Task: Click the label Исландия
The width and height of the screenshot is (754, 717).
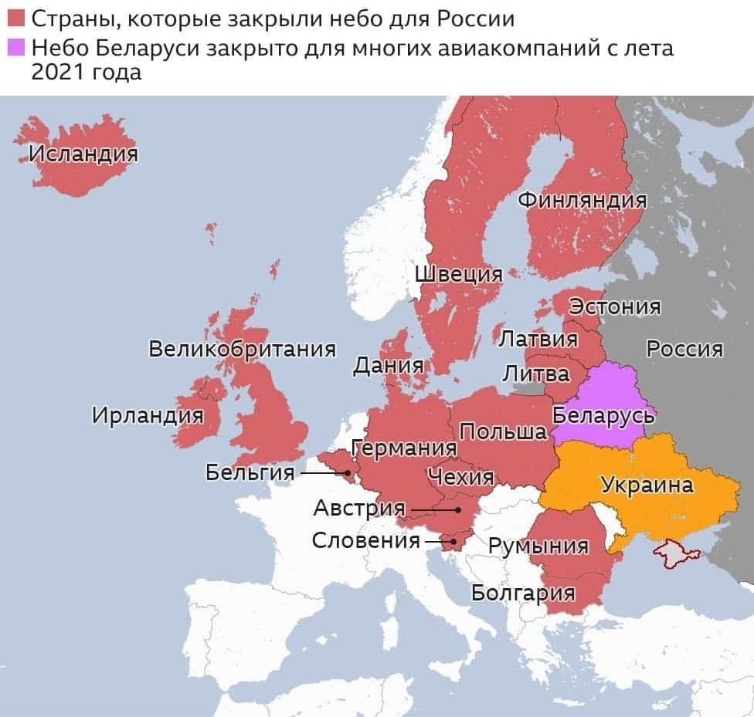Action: [x=83, y=155]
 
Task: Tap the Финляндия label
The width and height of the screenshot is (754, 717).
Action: [x=582, y=199]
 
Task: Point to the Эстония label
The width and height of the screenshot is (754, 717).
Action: [x=615, y=306]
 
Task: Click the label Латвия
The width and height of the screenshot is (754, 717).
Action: [x=538, y=340]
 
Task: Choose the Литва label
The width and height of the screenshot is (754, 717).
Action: [x=536, y=374]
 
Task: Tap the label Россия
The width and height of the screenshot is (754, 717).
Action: [x=684, y=350]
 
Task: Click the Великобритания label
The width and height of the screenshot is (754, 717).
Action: [x=242, y=349]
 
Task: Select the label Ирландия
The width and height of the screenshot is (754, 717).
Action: [x=148, y=415]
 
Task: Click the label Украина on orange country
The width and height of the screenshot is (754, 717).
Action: [x=647, y=485]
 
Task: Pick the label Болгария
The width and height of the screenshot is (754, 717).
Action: [x=523, y=592]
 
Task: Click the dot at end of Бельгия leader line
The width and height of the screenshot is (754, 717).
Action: [x=348, y=472]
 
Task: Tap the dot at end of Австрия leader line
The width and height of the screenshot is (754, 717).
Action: [x=458, y=509]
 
